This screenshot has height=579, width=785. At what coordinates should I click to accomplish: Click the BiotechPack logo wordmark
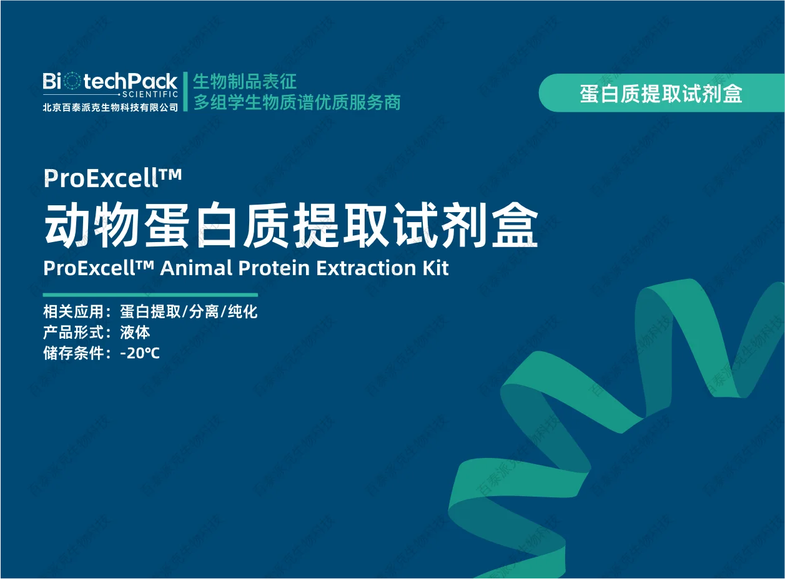click(x=110, y=81)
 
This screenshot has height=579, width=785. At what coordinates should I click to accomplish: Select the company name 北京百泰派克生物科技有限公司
click(x=111, y=107)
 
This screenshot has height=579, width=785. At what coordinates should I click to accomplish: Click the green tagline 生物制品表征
click(x=244, y=81)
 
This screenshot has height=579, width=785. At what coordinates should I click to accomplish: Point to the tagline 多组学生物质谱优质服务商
click(x=297, y=102)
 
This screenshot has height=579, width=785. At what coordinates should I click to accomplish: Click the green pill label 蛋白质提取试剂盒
click(x=661, y=94)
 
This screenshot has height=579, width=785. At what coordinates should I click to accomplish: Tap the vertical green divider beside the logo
click(x=185, y=92)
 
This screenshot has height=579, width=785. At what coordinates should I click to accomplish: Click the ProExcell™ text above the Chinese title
click(x=112, y=178)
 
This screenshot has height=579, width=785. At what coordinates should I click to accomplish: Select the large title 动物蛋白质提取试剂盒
click(x=291, y=225)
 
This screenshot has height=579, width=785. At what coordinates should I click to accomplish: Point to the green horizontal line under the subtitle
click(x=150, y=294)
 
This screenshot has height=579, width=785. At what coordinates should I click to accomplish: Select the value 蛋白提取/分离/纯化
click(x=189, y=312)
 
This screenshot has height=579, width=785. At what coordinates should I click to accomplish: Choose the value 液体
click(x=135, y=332)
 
